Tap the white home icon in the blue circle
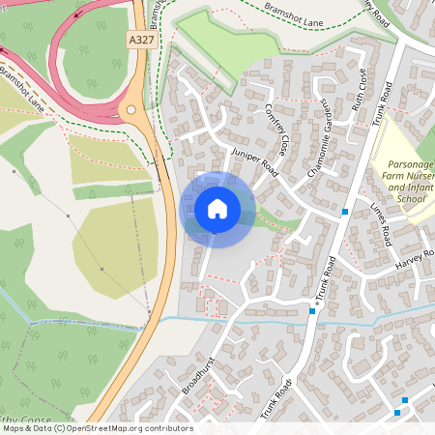pos(217,208)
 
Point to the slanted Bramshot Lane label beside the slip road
pos(22,84)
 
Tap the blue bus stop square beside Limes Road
pos(345,212)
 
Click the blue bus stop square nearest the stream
pos(311,311)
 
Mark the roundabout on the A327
pos(131,109)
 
